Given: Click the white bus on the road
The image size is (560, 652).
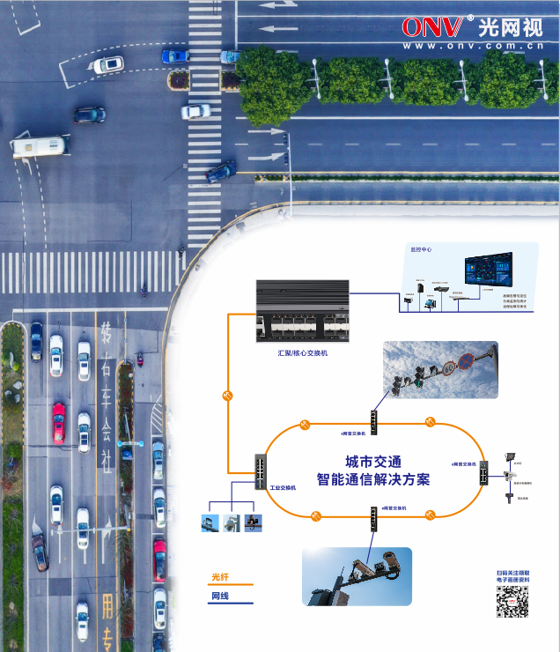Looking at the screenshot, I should coord(39,145).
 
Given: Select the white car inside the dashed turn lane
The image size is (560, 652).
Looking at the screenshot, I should coord(108,64).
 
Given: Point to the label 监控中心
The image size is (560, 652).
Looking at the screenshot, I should coord(421,249).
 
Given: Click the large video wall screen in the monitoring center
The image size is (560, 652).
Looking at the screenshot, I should coord(489,268).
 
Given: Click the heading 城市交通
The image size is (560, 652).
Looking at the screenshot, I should coord(372,462).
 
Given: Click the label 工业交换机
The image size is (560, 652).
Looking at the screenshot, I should coord(282,486).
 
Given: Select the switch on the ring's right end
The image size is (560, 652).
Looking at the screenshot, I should coord(483,474).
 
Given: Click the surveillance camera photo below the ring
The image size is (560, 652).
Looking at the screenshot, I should coord(356,576).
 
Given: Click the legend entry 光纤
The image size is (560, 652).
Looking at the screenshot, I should coord(220,577).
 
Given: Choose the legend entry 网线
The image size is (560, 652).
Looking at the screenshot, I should coord(220,596).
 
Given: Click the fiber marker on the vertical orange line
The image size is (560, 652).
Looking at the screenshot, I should coord(228,396).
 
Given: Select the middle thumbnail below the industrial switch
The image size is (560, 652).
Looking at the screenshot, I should coord(231,522).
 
